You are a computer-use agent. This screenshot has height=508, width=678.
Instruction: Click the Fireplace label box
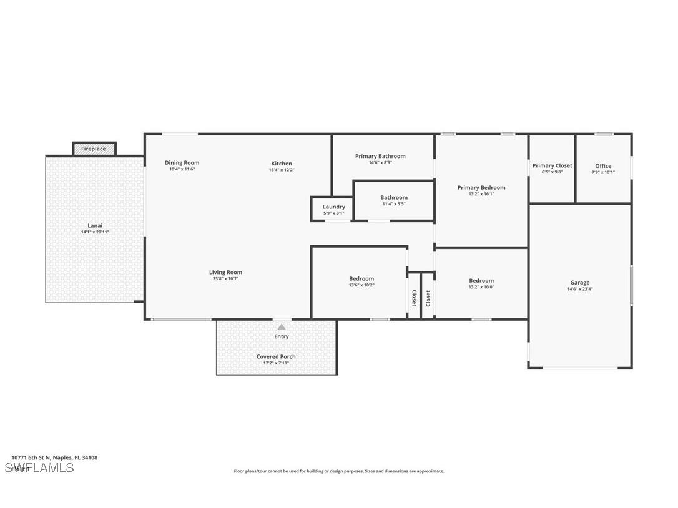(94, 149)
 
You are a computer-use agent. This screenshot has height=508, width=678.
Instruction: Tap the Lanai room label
(95, 226)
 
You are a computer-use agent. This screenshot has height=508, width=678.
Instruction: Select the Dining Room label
(182, 163)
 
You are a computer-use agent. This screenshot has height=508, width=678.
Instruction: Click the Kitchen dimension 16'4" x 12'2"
(282, 170)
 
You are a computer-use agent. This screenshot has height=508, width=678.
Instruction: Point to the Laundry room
(333, 209)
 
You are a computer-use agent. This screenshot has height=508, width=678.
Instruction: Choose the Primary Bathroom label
(380, 156)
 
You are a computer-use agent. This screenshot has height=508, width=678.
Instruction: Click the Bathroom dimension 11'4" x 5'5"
(394, 203)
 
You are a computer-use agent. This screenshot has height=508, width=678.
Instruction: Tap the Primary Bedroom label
(481, 187)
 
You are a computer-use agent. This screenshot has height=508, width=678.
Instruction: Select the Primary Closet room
(552, 169)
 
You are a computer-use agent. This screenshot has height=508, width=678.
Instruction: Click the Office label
(603, 166)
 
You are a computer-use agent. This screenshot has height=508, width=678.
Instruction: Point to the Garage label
(579, 283)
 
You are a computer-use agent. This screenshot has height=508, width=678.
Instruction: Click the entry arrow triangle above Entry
(282, 326)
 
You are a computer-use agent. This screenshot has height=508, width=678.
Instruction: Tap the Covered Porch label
(276, 357)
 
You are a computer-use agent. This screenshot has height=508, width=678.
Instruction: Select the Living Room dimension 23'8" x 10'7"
(225, 279)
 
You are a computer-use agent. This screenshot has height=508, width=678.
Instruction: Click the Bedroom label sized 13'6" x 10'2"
(361, 279)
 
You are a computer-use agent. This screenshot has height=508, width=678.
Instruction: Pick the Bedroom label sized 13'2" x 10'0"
(481, 281)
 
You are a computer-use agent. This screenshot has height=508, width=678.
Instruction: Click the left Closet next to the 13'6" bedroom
(413, 298)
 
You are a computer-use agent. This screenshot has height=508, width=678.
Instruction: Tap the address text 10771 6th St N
(54, 457)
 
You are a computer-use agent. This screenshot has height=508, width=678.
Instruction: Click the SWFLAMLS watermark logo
(39, 468)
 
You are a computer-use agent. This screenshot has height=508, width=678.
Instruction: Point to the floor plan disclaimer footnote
(339, 471)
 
